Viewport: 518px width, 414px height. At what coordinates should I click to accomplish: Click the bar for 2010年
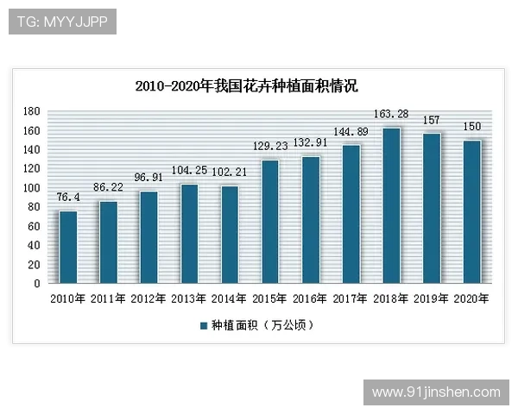pos(67,247)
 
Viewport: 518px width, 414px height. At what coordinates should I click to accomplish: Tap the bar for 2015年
pos(269,222)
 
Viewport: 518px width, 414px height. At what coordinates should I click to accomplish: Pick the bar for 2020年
pos(472,211)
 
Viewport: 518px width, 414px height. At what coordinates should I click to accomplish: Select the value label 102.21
pos(230,172)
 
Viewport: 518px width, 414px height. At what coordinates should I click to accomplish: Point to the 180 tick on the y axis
pos(32,111)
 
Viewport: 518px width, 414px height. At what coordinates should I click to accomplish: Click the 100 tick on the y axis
pos(32,188)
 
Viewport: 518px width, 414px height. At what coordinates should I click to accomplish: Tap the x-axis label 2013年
pos(189,298)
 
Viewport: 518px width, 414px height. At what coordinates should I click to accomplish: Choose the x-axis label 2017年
pos(351,298)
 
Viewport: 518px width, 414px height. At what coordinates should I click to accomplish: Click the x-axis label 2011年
pos(108,298)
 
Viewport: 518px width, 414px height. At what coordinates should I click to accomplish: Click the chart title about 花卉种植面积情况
pos(247,86)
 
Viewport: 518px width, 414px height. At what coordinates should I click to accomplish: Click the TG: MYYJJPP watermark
pos(62,22)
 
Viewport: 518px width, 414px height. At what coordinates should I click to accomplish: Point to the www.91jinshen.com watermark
pos(436,392)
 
